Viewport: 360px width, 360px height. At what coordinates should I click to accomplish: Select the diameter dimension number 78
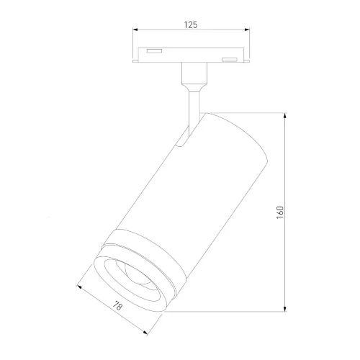119,307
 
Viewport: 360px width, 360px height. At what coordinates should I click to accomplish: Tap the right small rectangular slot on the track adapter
229,58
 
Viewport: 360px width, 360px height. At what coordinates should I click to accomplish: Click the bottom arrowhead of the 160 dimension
287,309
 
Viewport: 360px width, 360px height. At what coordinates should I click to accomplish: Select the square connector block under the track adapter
192,74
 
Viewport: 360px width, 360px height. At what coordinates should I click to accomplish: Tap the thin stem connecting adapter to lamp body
192,108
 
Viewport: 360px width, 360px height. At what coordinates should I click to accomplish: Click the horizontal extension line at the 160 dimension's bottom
230,311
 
